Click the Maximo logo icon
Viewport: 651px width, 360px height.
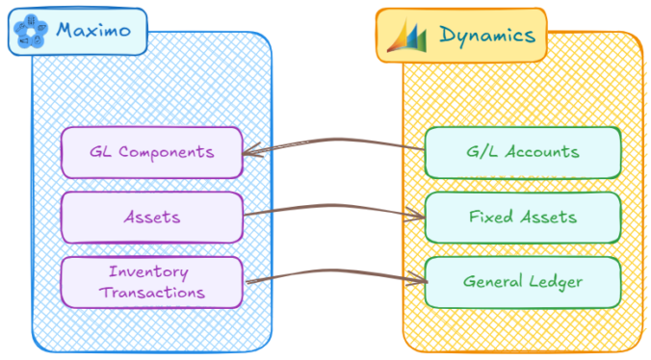click(30, 30)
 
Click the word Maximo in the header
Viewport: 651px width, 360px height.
click(93, 30)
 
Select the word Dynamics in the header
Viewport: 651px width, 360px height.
click(486, 35)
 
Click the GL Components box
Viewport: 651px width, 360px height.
click(151, 152)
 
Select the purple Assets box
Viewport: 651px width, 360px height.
click(151, 217)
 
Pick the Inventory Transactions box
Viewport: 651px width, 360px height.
click(151, 281)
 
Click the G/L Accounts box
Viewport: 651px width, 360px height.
click(521, 152)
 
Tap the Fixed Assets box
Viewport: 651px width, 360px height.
click(521, 217)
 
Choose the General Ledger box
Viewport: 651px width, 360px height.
click(521, 281)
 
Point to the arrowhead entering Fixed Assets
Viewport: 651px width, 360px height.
click(418, 217)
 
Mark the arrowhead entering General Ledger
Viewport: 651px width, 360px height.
click(420, 281)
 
